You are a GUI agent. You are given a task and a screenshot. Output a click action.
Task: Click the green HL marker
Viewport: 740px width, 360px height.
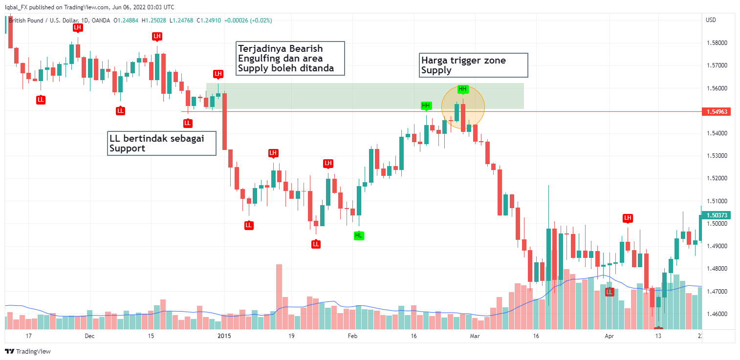[359, 235]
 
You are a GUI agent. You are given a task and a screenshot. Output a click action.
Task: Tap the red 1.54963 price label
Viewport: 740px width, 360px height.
[717, 112]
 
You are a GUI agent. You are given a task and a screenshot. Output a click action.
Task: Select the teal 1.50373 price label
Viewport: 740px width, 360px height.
[717, 215]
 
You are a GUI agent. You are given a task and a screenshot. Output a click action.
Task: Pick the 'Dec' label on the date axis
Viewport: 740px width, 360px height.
[89, 336]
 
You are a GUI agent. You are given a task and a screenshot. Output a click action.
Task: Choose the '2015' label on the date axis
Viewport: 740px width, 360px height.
[224, 336]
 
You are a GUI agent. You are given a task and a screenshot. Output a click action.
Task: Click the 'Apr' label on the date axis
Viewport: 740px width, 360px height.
[609, 336]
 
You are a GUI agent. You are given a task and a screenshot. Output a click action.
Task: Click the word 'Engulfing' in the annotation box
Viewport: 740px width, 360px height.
[260, 59]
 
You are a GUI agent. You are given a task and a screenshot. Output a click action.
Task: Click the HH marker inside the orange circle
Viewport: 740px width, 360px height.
[463, 89]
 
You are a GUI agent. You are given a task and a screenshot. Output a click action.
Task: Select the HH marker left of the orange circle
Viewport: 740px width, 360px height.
[426, 106]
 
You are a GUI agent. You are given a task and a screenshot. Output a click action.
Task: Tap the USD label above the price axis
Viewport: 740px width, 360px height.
[711, 20]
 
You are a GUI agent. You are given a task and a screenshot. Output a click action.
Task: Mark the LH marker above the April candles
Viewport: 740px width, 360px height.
[628, 217]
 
